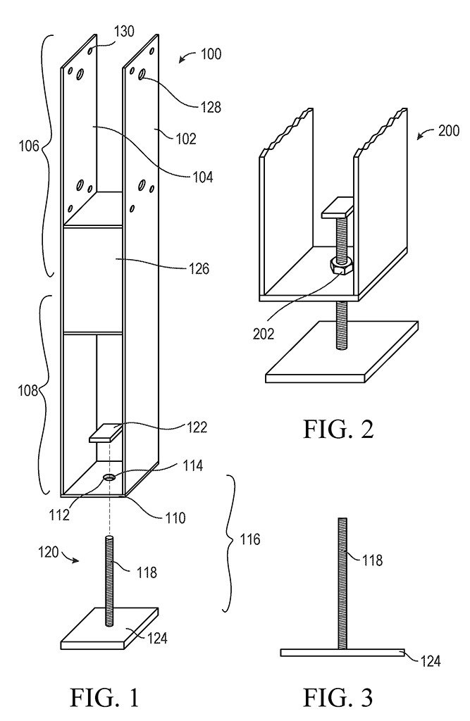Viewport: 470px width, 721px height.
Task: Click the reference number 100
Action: tap(211, 54)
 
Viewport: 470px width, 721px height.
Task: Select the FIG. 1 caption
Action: tap(104, 697)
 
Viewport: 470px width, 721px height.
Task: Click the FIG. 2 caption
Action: tap(338, 429)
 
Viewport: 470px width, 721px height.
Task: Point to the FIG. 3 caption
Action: tap(338, 697)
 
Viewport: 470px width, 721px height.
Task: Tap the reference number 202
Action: tap(264, 333)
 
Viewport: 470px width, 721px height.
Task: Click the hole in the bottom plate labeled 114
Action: tap(110, 477)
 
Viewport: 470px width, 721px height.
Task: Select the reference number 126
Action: tap(199, 268)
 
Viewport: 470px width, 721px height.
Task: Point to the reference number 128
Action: tap(211, 107)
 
